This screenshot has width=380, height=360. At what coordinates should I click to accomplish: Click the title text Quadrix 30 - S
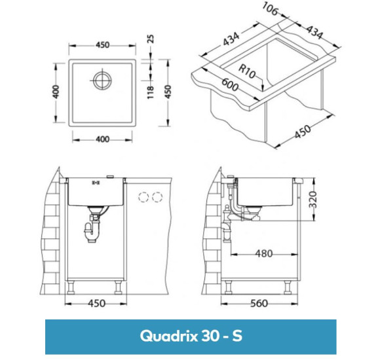(190, 336)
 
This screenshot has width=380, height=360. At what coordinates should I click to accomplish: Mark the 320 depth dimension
(315, 198)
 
